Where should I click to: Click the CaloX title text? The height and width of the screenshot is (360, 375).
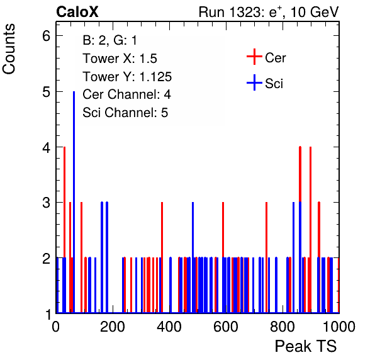pos(77,12)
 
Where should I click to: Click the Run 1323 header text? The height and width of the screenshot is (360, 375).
pos(269,12)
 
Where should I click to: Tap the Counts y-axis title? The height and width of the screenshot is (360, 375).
pos(9,49)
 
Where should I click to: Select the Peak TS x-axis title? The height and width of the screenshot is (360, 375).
pos(306,346)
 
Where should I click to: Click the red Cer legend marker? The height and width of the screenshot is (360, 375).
pos(254,57)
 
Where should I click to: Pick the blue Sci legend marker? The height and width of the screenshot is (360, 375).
pos(254,83)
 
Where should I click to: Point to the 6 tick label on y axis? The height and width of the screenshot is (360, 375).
pos(47,36)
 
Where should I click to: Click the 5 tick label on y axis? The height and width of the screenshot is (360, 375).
pos(47,92)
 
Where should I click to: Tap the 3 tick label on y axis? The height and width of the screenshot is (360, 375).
pos(47,203)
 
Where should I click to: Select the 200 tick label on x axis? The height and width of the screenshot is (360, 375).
pos(113,327)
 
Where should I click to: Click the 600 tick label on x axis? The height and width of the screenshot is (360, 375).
pos(226,327)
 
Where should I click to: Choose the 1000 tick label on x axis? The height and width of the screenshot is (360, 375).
pos(339,327)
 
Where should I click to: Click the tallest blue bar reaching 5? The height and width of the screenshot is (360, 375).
pos(74,202)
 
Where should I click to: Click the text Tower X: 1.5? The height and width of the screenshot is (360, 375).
pos(120,59)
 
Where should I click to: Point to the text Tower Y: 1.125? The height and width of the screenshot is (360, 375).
pos(127,77)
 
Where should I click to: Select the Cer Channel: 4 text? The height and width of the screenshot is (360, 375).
pos(126,94)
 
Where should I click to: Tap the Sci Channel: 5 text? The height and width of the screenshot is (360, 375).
pos(125,113)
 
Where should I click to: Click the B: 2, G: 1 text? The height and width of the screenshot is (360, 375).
pos(109,40)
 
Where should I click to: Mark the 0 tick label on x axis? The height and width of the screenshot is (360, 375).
pos(56,327)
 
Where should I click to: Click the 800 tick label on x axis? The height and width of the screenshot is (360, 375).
pos(283,327)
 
